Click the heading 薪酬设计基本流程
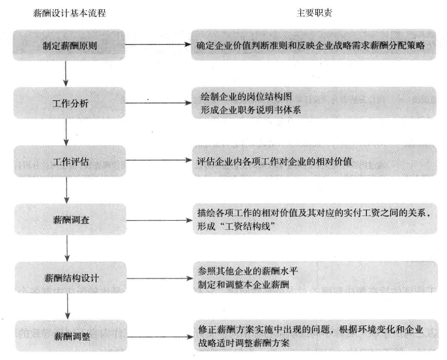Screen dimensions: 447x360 [70, 13]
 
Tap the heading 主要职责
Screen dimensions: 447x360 [314, 13]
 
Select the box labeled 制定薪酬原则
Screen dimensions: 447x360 [69, 45]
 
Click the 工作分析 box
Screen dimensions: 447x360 [70, 103]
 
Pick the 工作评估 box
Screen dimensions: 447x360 [70, 161]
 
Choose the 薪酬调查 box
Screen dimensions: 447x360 [70, 219]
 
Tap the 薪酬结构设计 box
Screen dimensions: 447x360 [70, 278]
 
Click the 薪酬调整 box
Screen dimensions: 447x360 [71, 336]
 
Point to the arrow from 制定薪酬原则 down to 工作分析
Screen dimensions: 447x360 [66, 74]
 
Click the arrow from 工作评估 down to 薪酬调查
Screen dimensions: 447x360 [66, 190]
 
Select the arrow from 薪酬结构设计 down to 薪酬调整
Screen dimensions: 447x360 [68, 307]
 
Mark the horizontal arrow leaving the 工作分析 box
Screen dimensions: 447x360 [158, 103]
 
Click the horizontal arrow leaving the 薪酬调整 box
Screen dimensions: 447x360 [160, 337]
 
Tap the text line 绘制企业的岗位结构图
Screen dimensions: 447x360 [246, 96]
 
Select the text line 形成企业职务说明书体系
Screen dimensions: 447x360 [251, 110]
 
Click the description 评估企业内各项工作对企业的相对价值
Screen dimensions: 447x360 [274, 161]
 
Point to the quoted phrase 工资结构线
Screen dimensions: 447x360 [248, 227]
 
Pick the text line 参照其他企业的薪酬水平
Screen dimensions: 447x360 [248, 271]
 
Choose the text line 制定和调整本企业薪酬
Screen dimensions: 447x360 [244, 284]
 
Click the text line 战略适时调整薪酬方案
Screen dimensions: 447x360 [244, 343]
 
